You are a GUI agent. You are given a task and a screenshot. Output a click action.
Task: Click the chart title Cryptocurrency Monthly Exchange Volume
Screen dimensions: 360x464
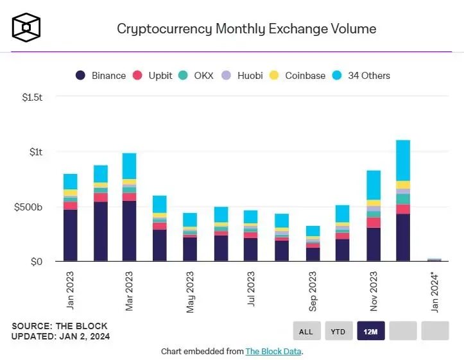coord(246,29)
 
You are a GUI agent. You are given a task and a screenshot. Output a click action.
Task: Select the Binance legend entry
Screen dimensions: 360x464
coord(101,75)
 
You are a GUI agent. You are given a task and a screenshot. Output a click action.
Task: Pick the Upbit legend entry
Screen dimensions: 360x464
coord(153,75)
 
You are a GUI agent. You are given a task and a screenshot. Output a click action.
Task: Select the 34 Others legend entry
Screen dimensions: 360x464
coord(361,75)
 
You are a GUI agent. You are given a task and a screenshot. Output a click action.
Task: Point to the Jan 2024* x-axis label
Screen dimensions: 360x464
coord(435,293)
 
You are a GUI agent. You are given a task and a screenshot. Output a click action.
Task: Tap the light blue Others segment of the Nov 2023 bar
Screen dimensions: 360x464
coord(374,185)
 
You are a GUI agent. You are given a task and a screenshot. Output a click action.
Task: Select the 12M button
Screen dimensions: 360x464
coord(371,331)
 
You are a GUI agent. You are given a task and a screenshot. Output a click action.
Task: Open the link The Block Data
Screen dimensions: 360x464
coord(273,351)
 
